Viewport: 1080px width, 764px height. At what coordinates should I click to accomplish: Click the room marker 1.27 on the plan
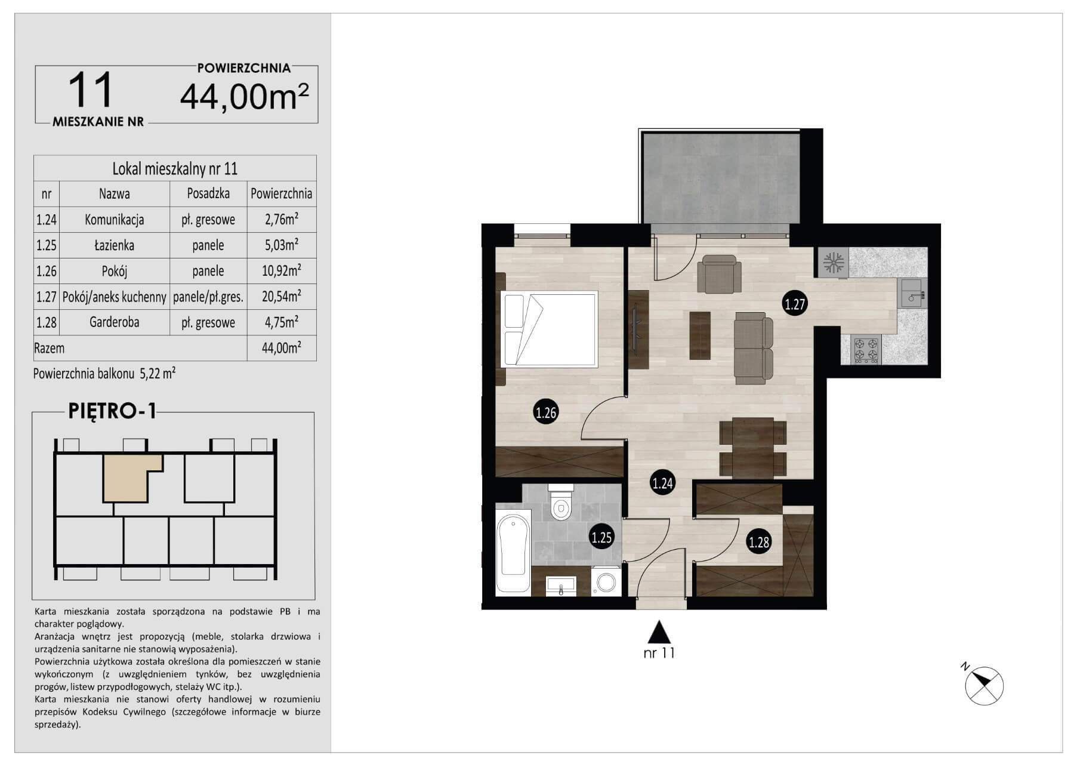pos(795,304)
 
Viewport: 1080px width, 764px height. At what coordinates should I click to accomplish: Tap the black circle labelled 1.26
pos(546,412)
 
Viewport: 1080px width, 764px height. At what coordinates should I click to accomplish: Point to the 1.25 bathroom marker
pos(601,537)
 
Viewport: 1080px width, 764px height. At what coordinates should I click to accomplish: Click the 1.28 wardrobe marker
pos(759,542)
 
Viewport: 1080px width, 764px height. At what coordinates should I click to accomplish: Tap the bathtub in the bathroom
pos(513,552)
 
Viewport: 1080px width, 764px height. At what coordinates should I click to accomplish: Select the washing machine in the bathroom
pos(606,581)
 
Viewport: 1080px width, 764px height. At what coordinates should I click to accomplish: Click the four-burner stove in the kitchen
pos(866,350)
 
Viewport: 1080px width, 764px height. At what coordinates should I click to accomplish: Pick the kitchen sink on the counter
pos(912,293)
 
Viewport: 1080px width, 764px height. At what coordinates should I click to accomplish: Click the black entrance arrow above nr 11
pos(659,631)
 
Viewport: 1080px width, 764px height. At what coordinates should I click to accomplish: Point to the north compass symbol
pos(983,685)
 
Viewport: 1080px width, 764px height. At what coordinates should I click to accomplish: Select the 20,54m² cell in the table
pos(281,296)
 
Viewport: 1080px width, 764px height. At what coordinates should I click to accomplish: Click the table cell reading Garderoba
pos(114,322)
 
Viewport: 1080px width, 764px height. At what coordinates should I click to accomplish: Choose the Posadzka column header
pos(208,193)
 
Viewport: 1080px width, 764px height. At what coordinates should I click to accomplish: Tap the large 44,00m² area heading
pos(245,97)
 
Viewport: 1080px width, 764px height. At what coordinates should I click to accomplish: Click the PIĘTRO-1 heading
pos(112,411)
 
